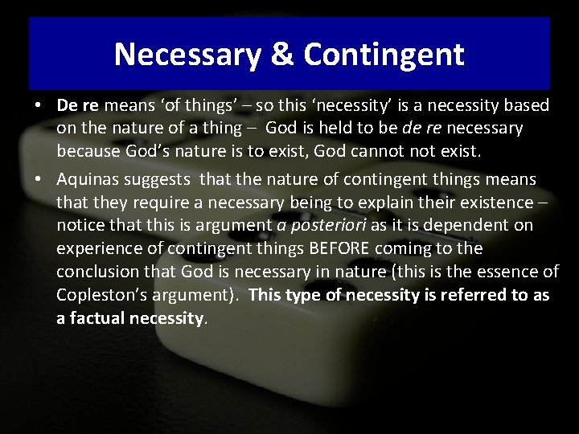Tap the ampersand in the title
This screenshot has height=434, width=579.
coord(280,55)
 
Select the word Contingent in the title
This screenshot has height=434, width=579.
coord(384,55)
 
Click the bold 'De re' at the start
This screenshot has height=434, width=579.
coord(77,105)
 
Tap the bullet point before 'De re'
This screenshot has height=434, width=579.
coord(39,106)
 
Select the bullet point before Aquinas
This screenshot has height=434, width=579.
coord(39,179)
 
